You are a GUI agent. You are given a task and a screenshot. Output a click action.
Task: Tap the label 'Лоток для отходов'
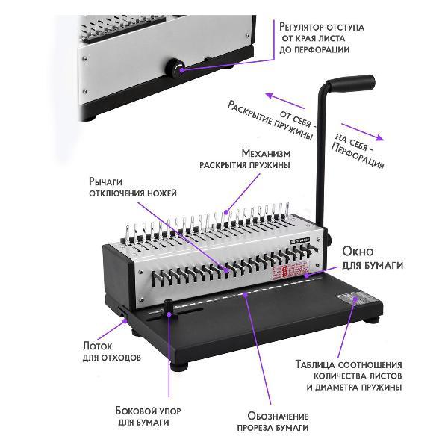pyautogui.click(x=111, y=351)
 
